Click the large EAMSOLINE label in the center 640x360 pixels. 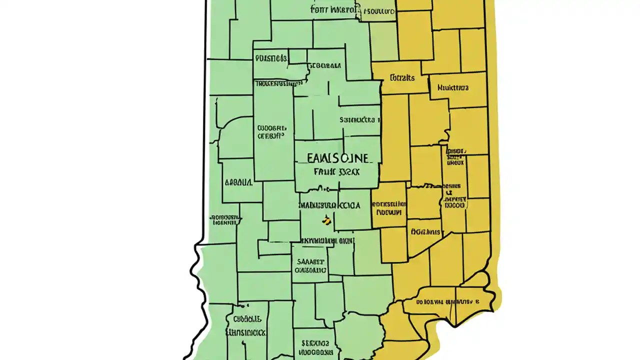pyautogui.click(x=331, y=158)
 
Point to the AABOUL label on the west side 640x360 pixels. pyautogui.click(x=238, y=182)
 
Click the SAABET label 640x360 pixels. pyautogui.click(x=310, y=261)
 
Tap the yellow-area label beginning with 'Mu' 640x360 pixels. pyautogui.click(x=453, y=87)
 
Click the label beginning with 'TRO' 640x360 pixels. pyautogui.click(x=274, y=83)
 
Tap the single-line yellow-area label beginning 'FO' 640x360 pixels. pyautogui.click(x=425, y=232)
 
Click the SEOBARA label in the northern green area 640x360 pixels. pyautogui.click(x=324, y=65)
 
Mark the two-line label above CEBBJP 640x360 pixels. pyautogui.click(x=272, y=127)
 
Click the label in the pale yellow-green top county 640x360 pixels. pyautogui.click(x=378, y=10)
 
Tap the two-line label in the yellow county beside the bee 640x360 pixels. pyautogui.click(x=388, y=208)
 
